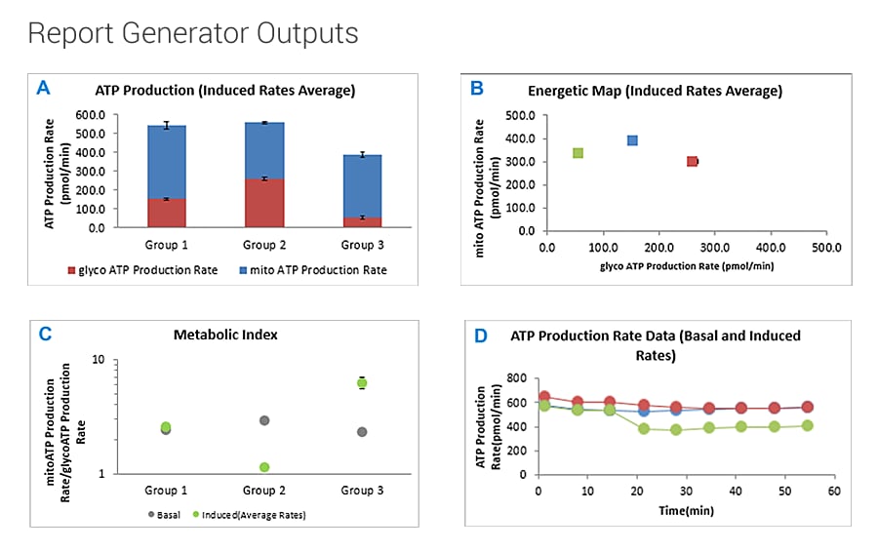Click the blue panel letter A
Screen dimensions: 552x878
(43, 89)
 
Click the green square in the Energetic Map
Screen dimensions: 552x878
(578, 153)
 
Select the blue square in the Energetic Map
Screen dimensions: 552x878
(632, 140)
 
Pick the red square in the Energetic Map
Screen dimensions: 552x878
(692, 161)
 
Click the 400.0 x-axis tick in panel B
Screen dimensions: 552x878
(771, 247)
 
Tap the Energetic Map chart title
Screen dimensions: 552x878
(655, 91)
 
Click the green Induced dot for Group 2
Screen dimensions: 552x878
(264, 467)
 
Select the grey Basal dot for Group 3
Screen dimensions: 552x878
(362, 432)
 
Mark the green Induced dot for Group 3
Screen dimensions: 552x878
(362, 383)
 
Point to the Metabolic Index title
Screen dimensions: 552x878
(225, 335)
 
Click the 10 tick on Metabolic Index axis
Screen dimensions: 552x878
(98, 360)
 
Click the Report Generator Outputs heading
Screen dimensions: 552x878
(192, 33)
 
